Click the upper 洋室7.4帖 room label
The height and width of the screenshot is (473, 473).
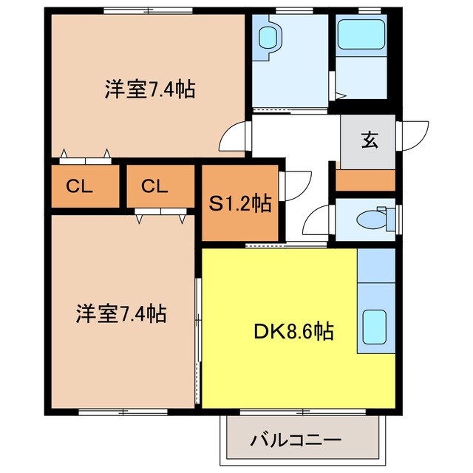149,91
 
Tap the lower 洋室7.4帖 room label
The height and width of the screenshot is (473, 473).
120,314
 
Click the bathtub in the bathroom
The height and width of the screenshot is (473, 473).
360,35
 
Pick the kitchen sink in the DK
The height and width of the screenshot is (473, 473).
375,326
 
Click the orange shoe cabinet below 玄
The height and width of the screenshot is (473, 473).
366,180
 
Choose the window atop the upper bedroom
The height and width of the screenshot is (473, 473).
148,10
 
